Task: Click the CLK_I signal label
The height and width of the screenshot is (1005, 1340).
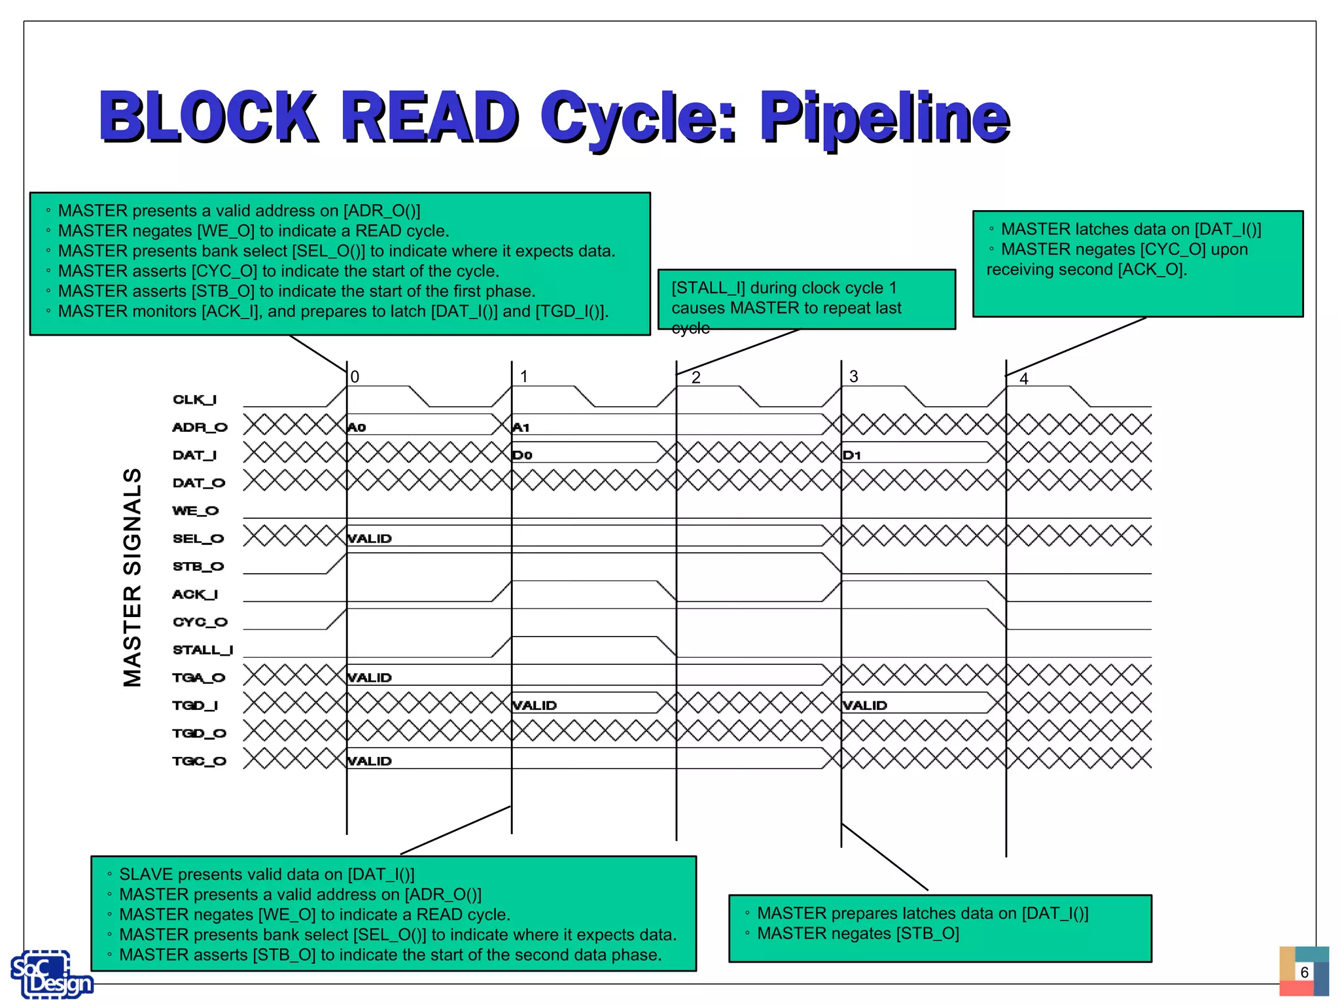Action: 194,399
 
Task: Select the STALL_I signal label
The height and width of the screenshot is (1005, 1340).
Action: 202,650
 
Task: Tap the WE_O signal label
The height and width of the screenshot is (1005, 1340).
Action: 195,510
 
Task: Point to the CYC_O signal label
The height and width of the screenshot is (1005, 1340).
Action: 200,622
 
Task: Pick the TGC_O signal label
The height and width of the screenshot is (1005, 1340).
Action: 199,761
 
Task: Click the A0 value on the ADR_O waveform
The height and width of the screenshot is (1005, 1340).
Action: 357,427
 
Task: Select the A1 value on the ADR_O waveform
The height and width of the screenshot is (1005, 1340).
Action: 521,427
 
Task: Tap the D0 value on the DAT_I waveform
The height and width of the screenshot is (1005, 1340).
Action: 522,455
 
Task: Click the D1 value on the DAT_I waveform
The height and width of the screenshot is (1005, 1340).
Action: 852,455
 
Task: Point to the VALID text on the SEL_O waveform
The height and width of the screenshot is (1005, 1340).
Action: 370,538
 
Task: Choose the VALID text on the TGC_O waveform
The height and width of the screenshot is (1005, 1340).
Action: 370,761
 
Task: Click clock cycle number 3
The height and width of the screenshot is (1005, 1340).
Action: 854,376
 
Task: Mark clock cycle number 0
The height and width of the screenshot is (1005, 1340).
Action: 355,377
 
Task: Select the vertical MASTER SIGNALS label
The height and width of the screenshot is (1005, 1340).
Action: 132,577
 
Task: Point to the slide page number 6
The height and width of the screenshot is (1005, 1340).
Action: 1304,972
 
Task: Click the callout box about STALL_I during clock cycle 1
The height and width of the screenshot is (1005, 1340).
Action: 806,300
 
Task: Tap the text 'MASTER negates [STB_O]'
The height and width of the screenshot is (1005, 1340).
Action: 858,934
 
